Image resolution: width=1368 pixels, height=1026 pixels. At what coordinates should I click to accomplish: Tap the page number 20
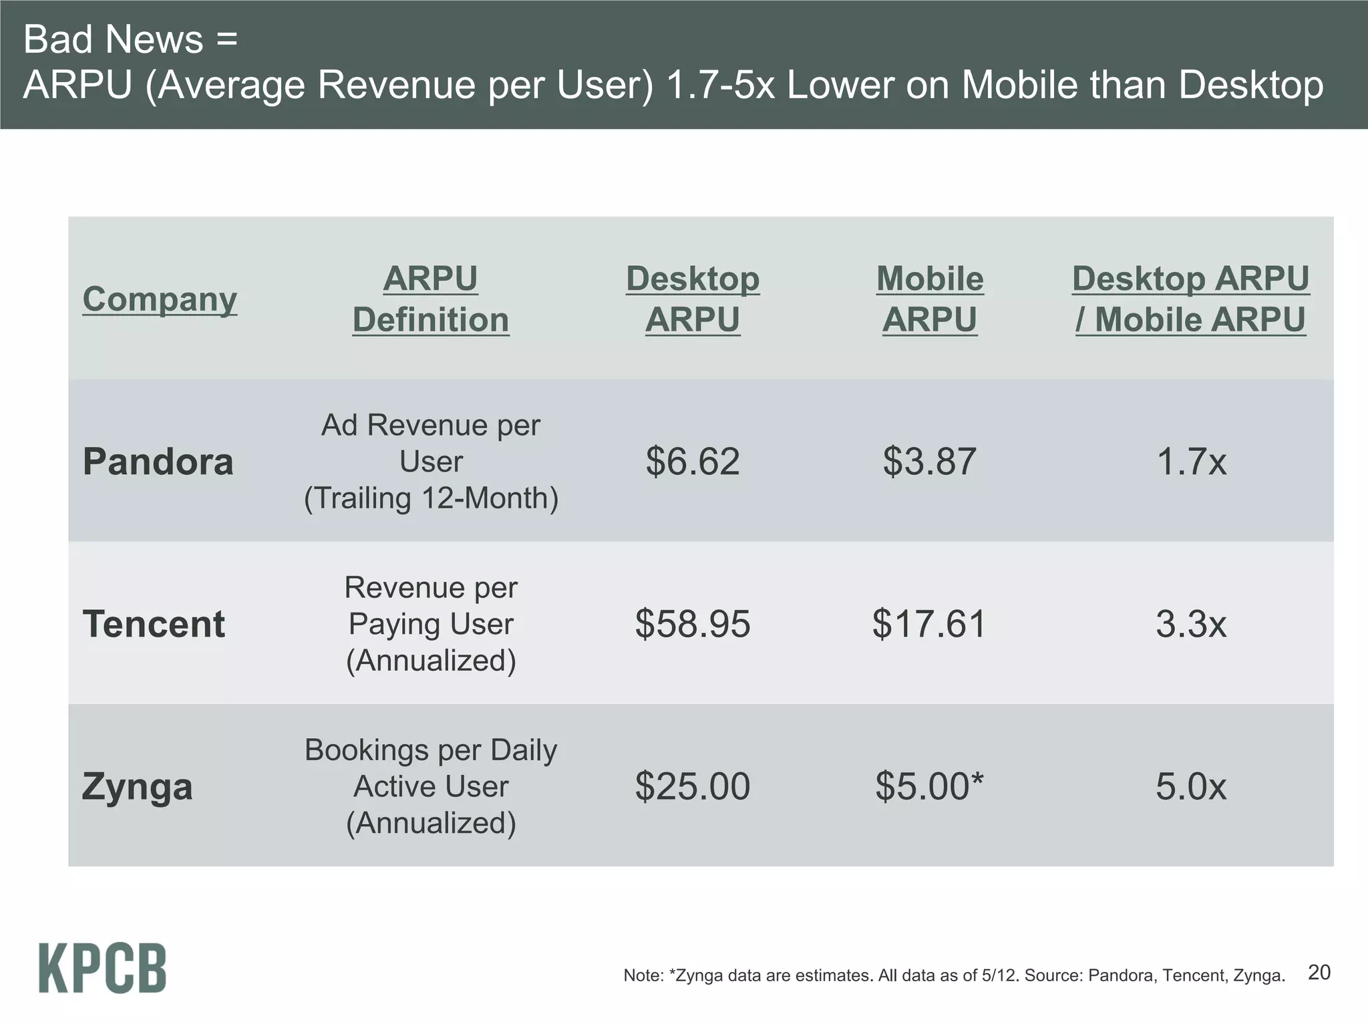(x=1319, y=972)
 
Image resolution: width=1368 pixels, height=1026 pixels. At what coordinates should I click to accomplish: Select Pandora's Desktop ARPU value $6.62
(x=693, y=462)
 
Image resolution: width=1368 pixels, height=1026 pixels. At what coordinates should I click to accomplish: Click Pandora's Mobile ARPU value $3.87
(x=929, y=462)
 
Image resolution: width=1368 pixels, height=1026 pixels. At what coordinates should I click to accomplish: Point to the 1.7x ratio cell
(x=1191, y=462)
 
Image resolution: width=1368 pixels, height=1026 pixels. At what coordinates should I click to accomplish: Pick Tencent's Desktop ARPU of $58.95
(x=693, y=624)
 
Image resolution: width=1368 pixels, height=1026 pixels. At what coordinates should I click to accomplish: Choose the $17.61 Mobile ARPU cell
(x=929, y=624)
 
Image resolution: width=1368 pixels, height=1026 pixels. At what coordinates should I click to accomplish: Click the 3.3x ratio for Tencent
(x=1191, y=624)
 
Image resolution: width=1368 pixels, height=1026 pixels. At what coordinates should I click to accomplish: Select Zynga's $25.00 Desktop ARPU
(x=693, y=786)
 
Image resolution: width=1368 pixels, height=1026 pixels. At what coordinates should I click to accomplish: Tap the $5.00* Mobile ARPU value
(x=929, y=786)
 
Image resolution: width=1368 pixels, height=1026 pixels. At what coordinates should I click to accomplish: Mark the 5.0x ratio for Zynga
(x=1191, y=786)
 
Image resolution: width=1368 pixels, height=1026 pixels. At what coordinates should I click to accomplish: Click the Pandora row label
(x=158, y=462)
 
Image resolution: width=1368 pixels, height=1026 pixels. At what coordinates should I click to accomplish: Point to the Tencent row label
(x=154, y=624)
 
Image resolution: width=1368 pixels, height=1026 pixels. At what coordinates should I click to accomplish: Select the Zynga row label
(x=137, y=786)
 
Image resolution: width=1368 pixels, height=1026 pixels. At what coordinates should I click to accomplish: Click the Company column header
(x=160, y=299)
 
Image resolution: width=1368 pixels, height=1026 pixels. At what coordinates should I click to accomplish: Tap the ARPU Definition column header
(x=431, y=299)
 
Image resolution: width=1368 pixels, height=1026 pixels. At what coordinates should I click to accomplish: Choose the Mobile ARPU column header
(x=929, y=299)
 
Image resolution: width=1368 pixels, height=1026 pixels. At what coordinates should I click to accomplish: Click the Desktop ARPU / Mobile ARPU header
(x=1190, y=299)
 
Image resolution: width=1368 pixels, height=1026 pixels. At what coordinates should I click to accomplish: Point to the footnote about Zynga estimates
(x=954, y=975)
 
